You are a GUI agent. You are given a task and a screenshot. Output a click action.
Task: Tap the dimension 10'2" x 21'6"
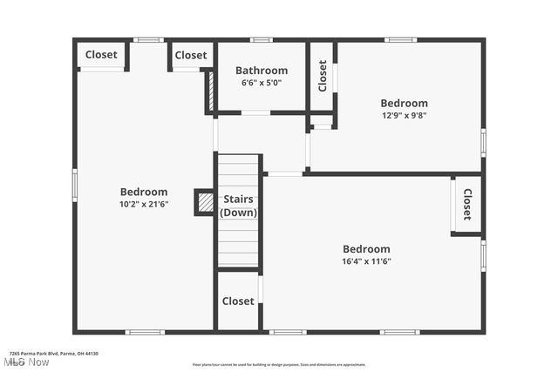(144, 204)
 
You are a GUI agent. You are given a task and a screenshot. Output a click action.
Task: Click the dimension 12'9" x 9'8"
(404, 115)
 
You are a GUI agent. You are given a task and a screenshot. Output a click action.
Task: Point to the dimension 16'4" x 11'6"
(366, 260)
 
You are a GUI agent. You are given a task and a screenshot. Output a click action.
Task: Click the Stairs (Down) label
(238, 206)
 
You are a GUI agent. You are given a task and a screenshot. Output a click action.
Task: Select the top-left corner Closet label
(101, 55)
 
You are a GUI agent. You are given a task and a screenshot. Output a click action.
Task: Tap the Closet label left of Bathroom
(190, 55)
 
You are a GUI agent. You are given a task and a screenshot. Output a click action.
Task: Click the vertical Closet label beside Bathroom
(322, 76)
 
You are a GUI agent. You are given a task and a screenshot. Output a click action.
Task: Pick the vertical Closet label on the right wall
(466, 204)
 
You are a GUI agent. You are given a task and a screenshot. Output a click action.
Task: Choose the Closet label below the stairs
(238, 301)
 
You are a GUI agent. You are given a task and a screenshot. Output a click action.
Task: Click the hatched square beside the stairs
(205, 202)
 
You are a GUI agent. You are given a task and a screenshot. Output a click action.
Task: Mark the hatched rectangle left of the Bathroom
(210, 89)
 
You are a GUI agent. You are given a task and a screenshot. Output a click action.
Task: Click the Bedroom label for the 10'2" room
(144, 192)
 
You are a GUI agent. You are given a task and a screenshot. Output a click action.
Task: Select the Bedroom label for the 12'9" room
(404, 103)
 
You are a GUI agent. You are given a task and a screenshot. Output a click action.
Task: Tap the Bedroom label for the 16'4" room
(366, 249)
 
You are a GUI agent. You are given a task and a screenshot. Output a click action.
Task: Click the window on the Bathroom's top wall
(261, 40)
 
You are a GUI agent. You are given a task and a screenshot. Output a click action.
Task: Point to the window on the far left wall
(75, 185)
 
